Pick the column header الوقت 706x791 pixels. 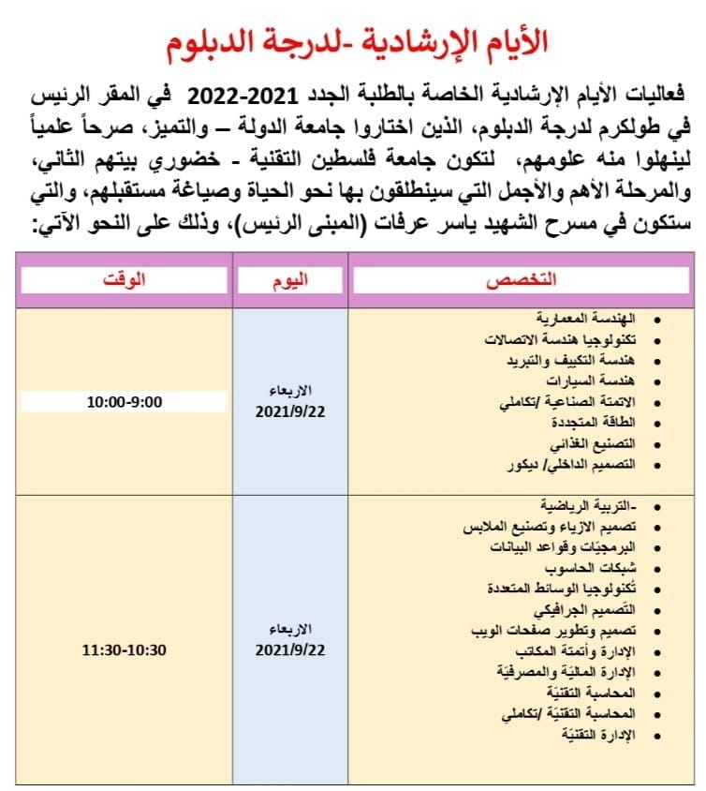(x=124, y=280)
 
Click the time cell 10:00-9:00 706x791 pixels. (x=124, y=402)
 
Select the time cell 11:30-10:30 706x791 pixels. (x=124, y=648)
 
